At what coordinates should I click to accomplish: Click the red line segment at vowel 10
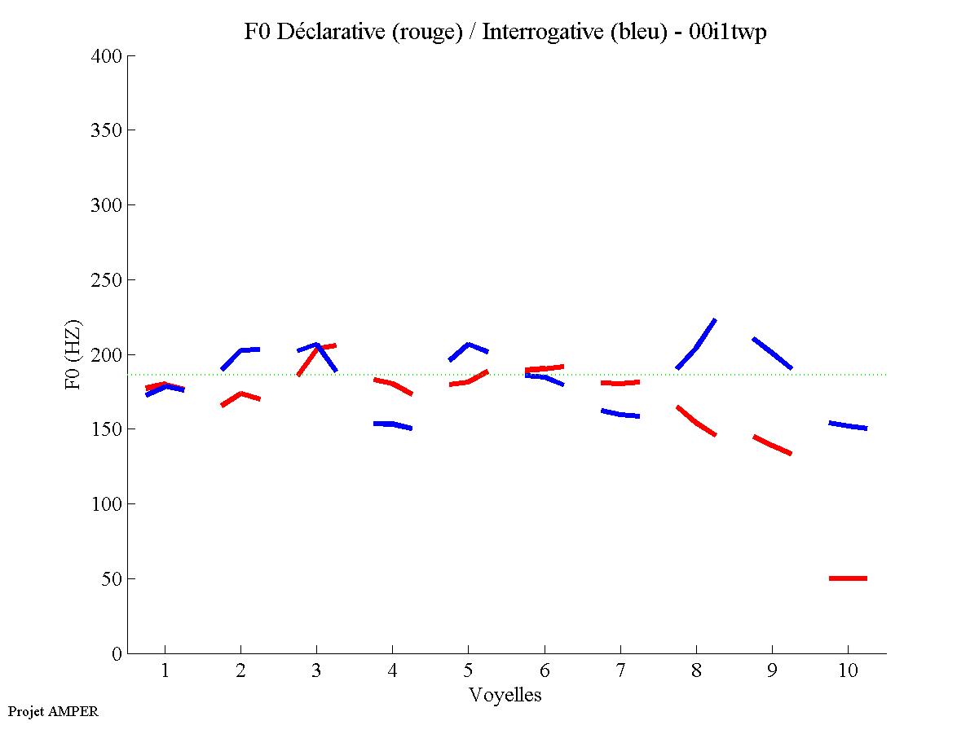pyautogui.click(x=848, y=578)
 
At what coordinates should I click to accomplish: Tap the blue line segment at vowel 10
pyautogui.click(x=848, y=425)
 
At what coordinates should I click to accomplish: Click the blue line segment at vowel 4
pyautogui.click(x=392, y=424)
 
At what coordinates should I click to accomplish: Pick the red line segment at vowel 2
pyautogui.click(x=240, y=393)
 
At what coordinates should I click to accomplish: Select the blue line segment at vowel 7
pyautogui.click(x=620, y=415)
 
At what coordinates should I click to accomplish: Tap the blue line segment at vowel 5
pyautogui.click(x=468, y=345)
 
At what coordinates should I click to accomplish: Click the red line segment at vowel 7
pyautogui.click(x=620, y=383)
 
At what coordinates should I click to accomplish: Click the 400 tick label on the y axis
pyautogui.click(x=107, y=56)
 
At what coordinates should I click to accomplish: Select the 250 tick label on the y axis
pyautogui.click(x=107, y=280)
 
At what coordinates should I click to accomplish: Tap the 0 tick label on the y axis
pyautogui.click(x=117, y=654)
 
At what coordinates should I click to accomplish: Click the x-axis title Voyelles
pyautogui.click(x=505, y=695)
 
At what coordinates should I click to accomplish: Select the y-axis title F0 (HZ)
pyautogui.click(x=74, y=355)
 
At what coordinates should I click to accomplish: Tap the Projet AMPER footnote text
pyautogui.click(x=53, y=711)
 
